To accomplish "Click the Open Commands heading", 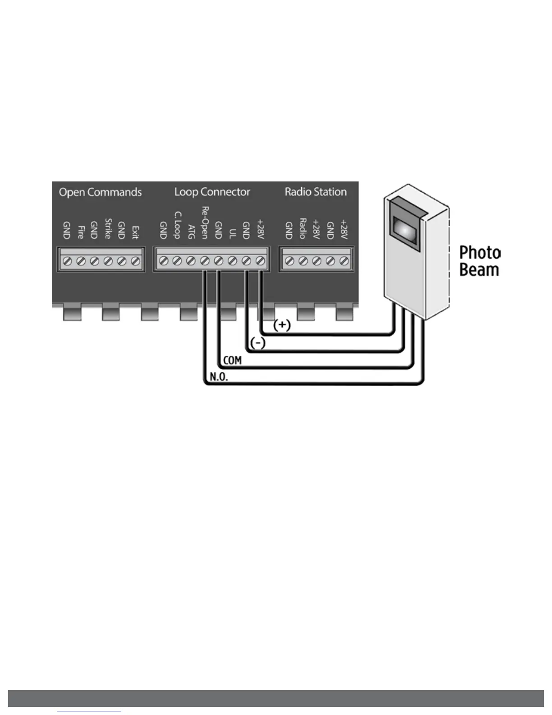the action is (100, 192).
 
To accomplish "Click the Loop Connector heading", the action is (212, 192).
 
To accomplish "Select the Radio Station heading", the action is (316, 192).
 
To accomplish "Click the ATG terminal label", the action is (191, 231).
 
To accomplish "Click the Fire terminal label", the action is (81, 232).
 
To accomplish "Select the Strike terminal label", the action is (108, 228).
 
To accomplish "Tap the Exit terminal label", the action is (135, 232).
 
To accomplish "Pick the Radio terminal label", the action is (303, 228).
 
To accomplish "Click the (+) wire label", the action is (282, 325).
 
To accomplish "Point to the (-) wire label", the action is (258, 343).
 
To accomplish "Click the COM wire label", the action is (232, 360).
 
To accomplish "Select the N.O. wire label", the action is (219, 377).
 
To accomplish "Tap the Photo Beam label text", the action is (479, 261).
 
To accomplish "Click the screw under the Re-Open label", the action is (205, 261).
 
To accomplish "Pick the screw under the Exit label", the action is (135, 261).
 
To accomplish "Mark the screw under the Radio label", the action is (303, 261).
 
